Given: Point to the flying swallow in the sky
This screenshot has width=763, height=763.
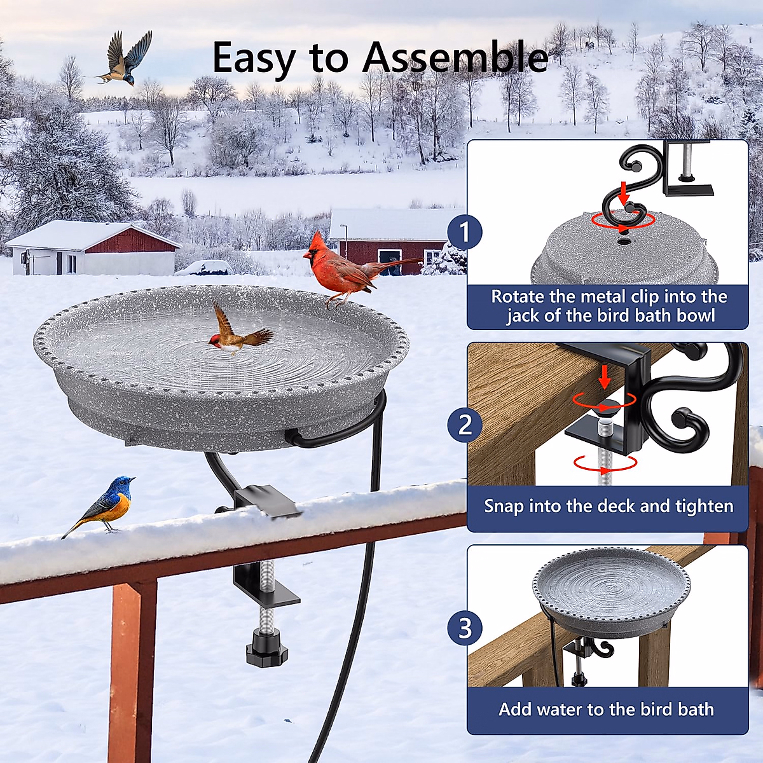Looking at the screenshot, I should pyautogui.click(x=126, y=59).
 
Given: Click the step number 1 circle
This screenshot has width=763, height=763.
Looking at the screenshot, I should pyautogui.click(x=465, y=233).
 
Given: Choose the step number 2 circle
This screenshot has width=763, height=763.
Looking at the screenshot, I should pyautogui.click(x=465, y=424).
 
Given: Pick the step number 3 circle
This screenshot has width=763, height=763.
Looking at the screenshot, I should pyautogui.click(x=465, y=628).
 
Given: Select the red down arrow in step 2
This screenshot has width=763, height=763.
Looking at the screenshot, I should pyautogui.click(x=604, y=378).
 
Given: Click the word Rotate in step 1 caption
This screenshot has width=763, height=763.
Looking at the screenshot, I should pyautogui.click(x=518, y=297).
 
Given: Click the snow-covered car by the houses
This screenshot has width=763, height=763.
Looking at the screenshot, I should pyautogui.click(x=203, y=268).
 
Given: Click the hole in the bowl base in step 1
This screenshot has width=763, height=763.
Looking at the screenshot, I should pyautogui.click(x=624, y=242).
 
